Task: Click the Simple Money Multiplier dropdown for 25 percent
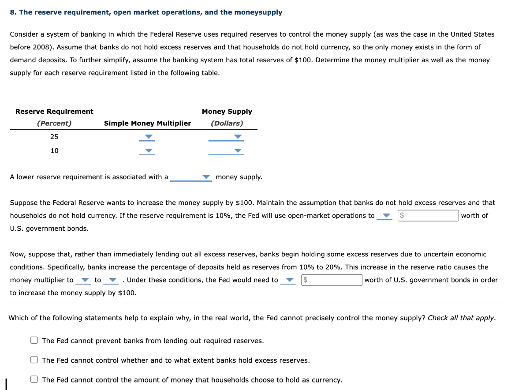click(148, 137)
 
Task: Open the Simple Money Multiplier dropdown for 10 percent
click(148, 151)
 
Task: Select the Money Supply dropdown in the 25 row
click(226, 137)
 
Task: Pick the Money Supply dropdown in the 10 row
click(226, 151)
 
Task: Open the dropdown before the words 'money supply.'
click(191, 177)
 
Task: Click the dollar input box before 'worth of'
click(428, 216)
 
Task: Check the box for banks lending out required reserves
click(34, 341)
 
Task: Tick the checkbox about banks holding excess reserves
click(34, 360)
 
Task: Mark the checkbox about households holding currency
click(34, 379)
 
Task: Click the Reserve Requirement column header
click(54, 112)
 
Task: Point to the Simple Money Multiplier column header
click(147, 124)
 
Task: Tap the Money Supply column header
click(227, 112)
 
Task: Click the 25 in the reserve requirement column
click(54, 137)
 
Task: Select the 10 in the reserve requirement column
click(54, 151)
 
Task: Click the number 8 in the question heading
click(12, 12)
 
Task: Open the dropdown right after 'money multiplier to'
click(82, 280)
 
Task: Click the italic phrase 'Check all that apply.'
click(462, 318)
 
